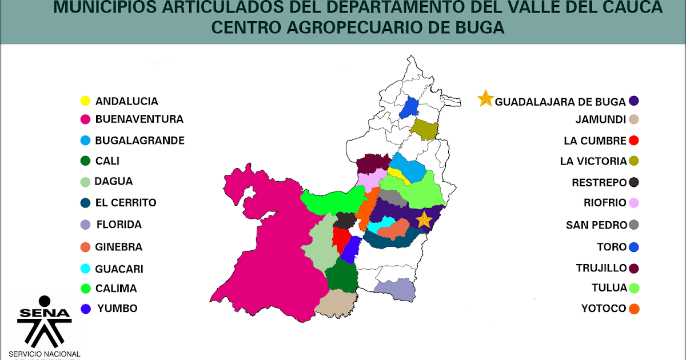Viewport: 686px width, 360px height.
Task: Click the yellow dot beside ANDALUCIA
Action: click(x=85, y=101)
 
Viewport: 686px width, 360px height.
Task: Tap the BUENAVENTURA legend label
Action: click(x=139, y=119)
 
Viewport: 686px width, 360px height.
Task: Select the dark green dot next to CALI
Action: click(x=85, y=161)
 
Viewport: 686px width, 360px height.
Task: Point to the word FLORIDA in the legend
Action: click(x=119, y=225)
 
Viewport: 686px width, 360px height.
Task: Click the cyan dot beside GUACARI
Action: click(x=85, y=269)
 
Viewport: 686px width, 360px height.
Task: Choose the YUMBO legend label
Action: click(x=117, y=308)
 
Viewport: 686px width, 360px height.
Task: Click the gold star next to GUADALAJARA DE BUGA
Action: click(x=485, y=99)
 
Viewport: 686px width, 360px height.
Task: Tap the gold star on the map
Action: click(x=424, y=219)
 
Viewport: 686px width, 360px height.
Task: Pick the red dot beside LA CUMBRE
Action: click(x=633, y=140)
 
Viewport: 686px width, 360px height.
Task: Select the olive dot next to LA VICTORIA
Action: click(x=633, y=161)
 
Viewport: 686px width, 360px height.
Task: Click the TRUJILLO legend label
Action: click(x=601, y=268)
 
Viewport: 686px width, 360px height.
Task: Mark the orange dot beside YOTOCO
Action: click(x=633, y=309)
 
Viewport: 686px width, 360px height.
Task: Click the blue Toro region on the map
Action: click(x=409, y=107)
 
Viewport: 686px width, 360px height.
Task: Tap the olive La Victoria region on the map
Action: click(x=425, y=130)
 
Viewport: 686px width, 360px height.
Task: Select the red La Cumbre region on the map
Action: click(x=341, y=241)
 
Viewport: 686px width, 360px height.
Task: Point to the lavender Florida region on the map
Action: click(x=394, y=290)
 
